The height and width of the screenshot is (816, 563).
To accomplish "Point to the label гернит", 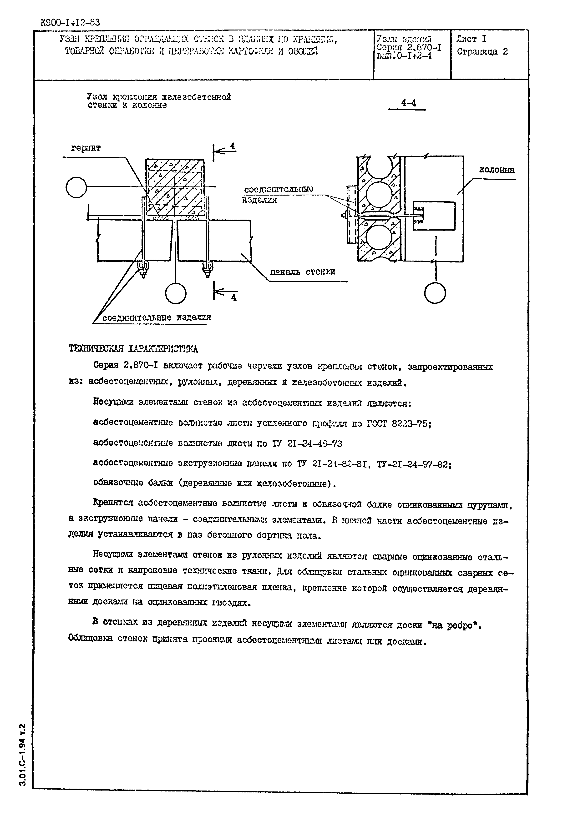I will coord(86,148).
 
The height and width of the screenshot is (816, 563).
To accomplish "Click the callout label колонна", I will coord(496,170).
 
